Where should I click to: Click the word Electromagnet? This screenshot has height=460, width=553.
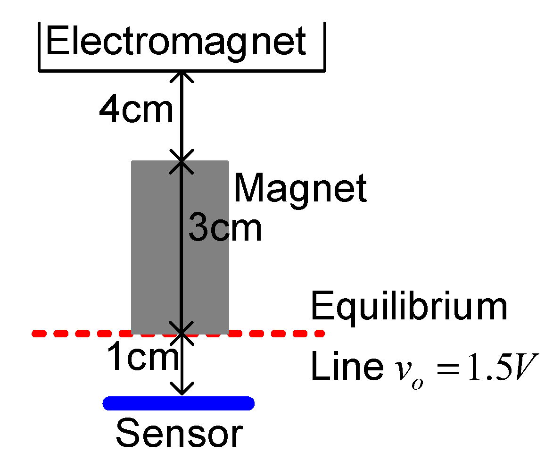pyautogui.click(x=176, y=42)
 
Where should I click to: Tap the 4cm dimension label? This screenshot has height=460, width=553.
pyautogui.click(x=136, y=111)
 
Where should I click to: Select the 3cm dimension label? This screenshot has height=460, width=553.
pyautogui.click(x=225, y=229)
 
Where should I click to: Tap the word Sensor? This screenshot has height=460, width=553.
pyautogui.click(x=179, y=434)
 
